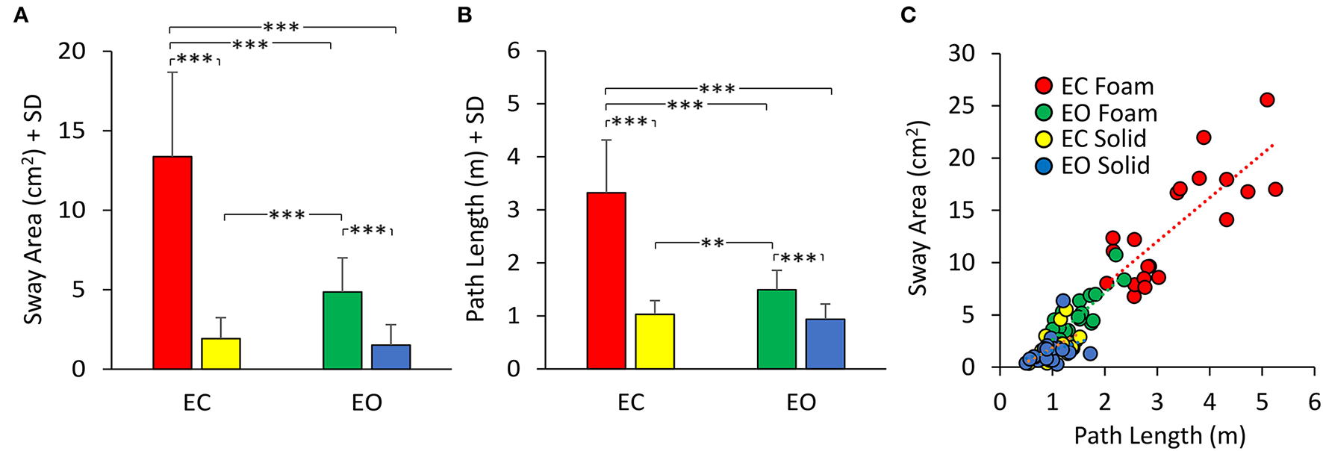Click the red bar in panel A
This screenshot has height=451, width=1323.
[x=172, y=262]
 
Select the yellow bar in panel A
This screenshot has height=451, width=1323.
[x=220, y=353]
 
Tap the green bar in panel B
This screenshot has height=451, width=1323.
[x=776, y=329]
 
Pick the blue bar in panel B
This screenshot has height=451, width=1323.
[x=825, y=343]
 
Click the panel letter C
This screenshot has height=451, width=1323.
[x=908, y=15]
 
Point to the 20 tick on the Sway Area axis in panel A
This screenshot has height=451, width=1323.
[x=74, y=52]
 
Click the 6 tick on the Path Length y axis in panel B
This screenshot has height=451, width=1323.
[x=513, y=52]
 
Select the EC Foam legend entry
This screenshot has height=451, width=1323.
[x=1095, y=87]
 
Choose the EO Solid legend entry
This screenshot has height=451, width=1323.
[x=1094, y=165]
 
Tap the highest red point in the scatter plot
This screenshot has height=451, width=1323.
[x=1267, y=100]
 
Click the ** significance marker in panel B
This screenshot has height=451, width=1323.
[x=713, y=243]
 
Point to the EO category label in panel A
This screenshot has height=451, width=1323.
[x=367, y=403]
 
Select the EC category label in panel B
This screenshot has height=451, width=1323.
[x=631, y=403]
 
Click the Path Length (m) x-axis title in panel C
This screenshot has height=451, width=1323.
[x=1159, y=435]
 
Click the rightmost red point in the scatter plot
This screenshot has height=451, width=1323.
[x=1275, y=190]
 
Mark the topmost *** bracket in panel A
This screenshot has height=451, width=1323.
[x=281, y=28]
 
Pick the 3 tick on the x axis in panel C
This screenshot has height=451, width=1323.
[x=1157, y=403]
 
